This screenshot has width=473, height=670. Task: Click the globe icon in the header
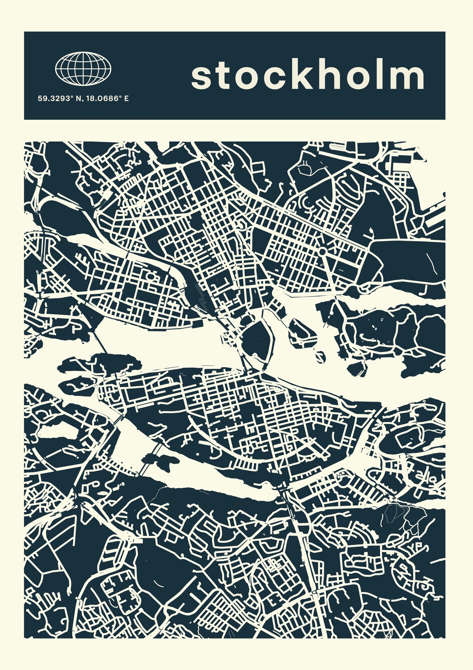[83, 68]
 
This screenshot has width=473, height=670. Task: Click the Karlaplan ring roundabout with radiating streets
[322, 252]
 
